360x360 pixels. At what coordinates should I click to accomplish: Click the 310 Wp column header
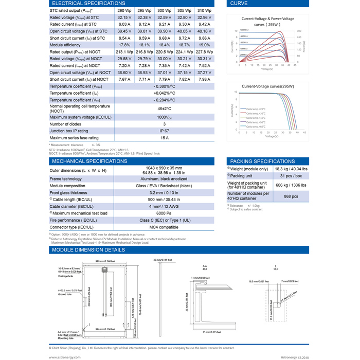tap(204, 10)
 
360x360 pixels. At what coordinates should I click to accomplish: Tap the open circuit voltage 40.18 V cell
tap(204, 31)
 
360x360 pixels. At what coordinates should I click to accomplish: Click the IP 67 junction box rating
tap(164, 131)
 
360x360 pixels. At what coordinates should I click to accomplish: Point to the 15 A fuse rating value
tap(164, 138)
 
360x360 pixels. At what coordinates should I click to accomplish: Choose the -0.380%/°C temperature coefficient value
tap(164, 86)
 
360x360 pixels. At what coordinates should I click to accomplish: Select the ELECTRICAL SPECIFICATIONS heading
tap(83, 3)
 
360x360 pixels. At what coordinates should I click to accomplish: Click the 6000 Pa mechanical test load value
tap(164, 213)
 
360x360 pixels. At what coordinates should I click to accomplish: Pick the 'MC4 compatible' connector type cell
tap(164, 227)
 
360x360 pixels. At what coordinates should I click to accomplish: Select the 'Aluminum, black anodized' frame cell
tap(164, 178)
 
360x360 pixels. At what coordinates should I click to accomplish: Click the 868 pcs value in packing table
tap(291, 196)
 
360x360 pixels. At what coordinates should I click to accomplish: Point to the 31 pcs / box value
tap(291, 176)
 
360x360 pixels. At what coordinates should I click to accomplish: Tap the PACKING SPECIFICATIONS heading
tap(262, 161)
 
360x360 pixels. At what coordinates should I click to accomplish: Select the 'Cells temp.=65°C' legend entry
tap(256, 126)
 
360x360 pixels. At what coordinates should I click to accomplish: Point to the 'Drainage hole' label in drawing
tap(65, 276)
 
